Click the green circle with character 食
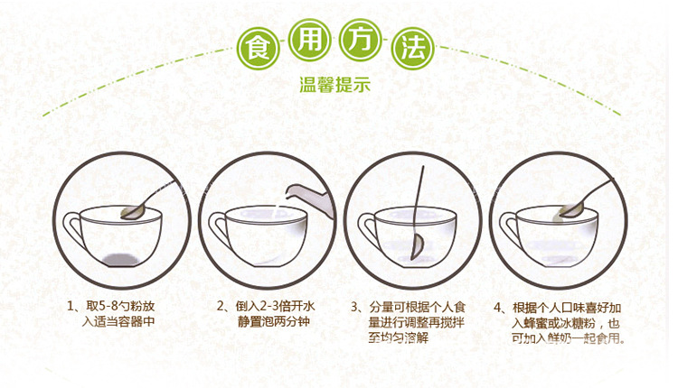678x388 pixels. click(259, 48)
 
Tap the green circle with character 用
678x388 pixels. click(309, 40)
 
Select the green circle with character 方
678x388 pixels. click(360, 40)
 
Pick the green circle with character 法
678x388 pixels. click(412, 48)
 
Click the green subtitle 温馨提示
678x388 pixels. click(335, 84)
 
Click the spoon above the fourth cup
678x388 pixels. click(584, 199)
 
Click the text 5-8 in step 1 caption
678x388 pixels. click(108, 307)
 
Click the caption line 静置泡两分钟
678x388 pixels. click(274, 321)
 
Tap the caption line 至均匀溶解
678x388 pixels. click(399, 337)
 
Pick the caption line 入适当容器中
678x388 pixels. click(118, 321)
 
